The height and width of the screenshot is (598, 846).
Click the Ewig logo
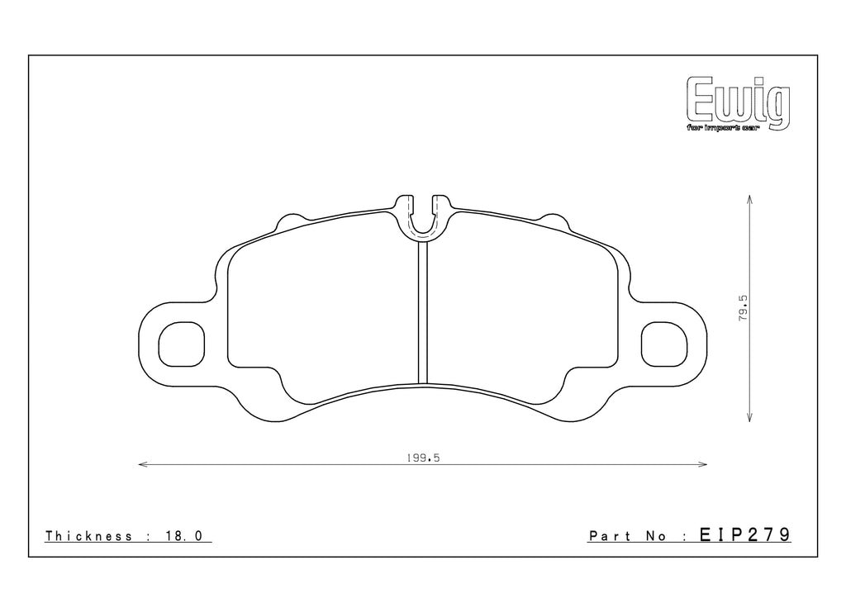click(x=738, y=102)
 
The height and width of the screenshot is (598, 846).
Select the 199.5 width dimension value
click(x=421, y=457)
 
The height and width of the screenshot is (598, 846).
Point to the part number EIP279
click(x=745, y=535)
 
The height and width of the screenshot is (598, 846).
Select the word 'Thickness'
click(x=89, y=536)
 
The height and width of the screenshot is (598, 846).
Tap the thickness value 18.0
click(x=183, y=536)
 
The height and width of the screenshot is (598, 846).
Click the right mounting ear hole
click(x=664, y=343)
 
